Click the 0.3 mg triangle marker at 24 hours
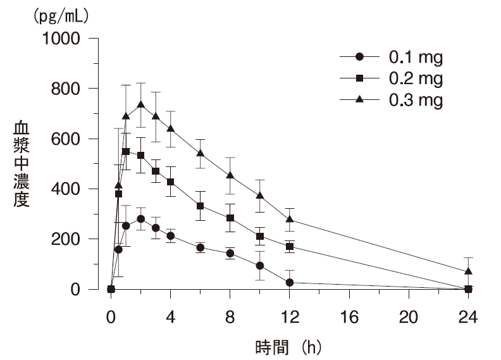(x=468, y=271)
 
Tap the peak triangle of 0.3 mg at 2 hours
(x=140, y=104)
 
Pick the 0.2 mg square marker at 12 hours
(x=290, y=246)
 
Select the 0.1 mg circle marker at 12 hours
(x=290, y=282)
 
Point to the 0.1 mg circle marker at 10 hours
(x=260, y=266)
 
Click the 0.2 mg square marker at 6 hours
(x=200, y=206)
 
